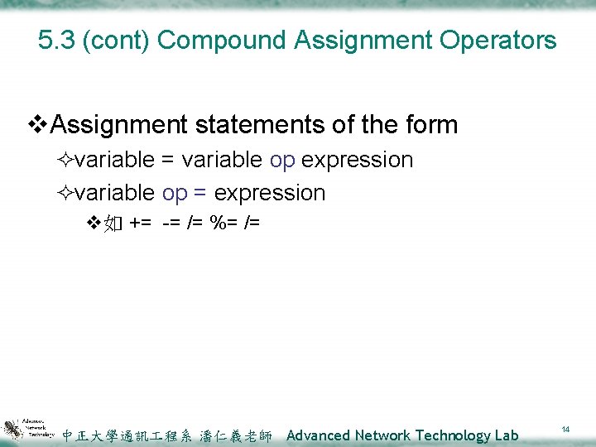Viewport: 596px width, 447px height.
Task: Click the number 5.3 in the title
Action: click(x=56, y=40)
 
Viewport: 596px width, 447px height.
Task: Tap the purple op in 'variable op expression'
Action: click(x=282, y=160)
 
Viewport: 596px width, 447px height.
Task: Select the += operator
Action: click(x=140, y=223)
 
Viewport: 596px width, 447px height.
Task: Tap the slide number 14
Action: click(x=566, y=430)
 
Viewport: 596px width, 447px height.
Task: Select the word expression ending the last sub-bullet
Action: click(x=269, y=193)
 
